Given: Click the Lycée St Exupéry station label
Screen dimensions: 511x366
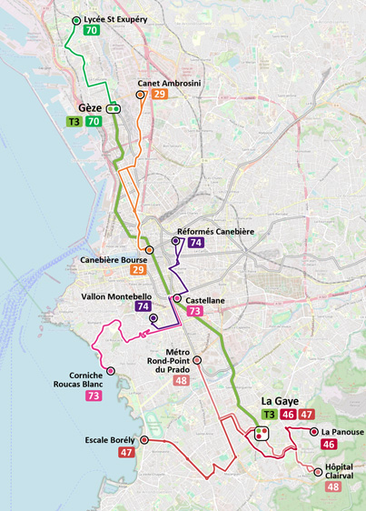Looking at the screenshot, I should point(115,18).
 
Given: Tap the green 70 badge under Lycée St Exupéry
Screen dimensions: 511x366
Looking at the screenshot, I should point(91,31).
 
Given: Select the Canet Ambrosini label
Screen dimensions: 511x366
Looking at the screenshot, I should point(169,84).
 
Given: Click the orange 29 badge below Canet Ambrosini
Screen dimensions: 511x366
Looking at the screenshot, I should point(160,95).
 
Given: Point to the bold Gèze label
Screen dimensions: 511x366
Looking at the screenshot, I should point(90,107).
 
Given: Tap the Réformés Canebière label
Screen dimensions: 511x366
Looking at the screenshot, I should point(215,232).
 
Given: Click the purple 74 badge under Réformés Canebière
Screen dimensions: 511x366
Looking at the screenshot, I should point(195,244).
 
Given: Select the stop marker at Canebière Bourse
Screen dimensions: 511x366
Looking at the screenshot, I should point(149,250).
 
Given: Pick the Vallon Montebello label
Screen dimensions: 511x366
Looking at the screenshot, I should point(117,296).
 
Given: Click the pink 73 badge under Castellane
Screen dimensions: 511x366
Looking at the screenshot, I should point(194,311).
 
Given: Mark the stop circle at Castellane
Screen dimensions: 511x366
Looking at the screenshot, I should point(176,299).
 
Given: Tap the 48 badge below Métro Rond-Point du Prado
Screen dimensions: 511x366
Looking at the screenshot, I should point(181,381).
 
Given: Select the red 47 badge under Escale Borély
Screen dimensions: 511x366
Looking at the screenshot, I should point(125,452).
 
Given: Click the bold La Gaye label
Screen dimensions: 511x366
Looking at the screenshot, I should point(280,401).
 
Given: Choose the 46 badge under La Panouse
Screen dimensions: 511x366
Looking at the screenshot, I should point(329,445).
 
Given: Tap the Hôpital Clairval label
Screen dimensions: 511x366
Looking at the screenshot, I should point(339,471).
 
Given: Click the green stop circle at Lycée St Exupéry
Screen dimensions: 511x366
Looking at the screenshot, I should point(75,19).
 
